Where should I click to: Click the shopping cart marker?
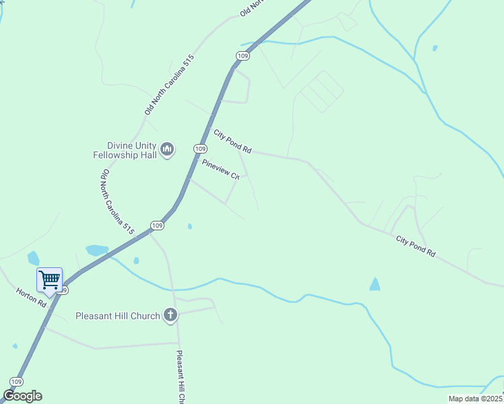click(49, 279)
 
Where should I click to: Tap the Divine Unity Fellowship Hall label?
click(125, 150)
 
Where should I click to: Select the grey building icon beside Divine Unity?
click(167, 149)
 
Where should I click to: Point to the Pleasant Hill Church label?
click(117, 315)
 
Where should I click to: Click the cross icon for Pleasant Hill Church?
click(170, 315)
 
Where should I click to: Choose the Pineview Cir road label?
click(220, 168)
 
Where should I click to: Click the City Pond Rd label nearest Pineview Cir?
click(232, 141)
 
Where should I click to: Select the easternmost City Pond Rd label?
click(415, 247)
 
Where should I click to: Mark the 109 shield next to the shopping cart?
click(63, 291)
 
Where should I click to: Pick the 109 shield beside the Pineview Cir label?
click(199, 148)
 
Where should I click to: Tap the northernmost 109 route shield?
click(243, 55)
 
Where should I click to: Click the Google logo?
click(22, 396)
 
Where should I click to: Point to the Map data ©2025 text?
click(475, 399)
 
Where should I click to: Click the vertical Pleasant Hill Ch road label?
click(181, 377)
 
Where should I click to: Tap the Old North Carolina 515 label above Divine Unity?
click(169, 84)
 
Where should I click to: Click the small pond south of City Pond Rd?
click(375, 284)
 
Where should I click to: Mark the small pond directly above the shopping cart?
click(33, 258)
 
